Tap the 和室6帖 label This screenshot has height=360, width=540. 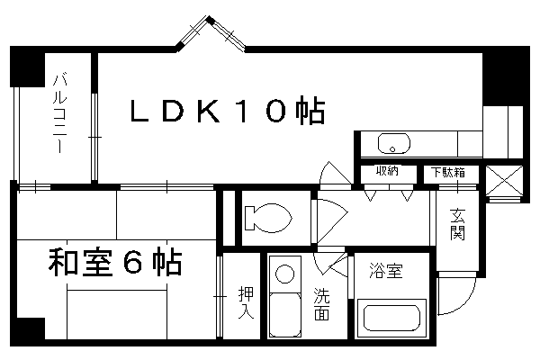pos(114,265)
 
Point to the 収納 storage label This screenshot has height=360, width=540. pos(388,172)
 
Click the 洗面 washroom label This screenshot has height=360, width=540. pos(322,304)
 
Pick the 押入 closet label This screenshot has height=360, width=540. pos(245,302)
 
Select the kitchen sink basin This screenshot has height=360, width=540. pos(394,143)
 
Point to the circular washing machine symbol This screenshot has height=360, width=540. pos(286,274)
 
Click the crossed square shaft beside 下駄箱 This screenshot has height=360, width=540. pos(503,180)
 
